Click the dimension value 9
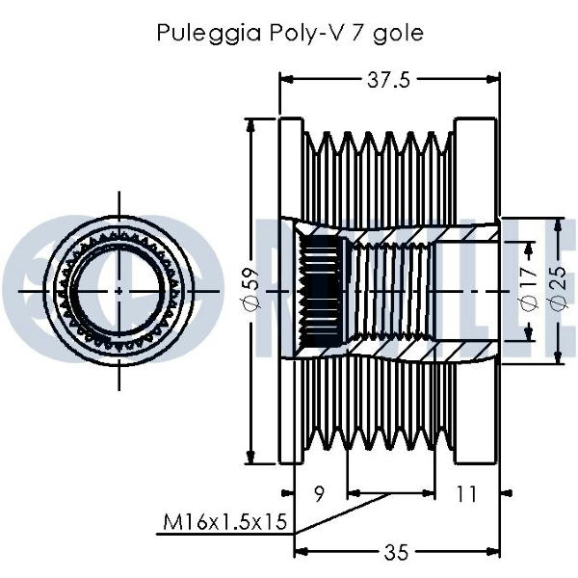coord(320,494)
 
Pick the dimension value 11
coord(466,494)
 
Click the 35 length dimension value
coord(396,552)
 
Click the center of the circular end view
coord(118,289)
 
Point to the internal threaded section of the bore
coord(390,288)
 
